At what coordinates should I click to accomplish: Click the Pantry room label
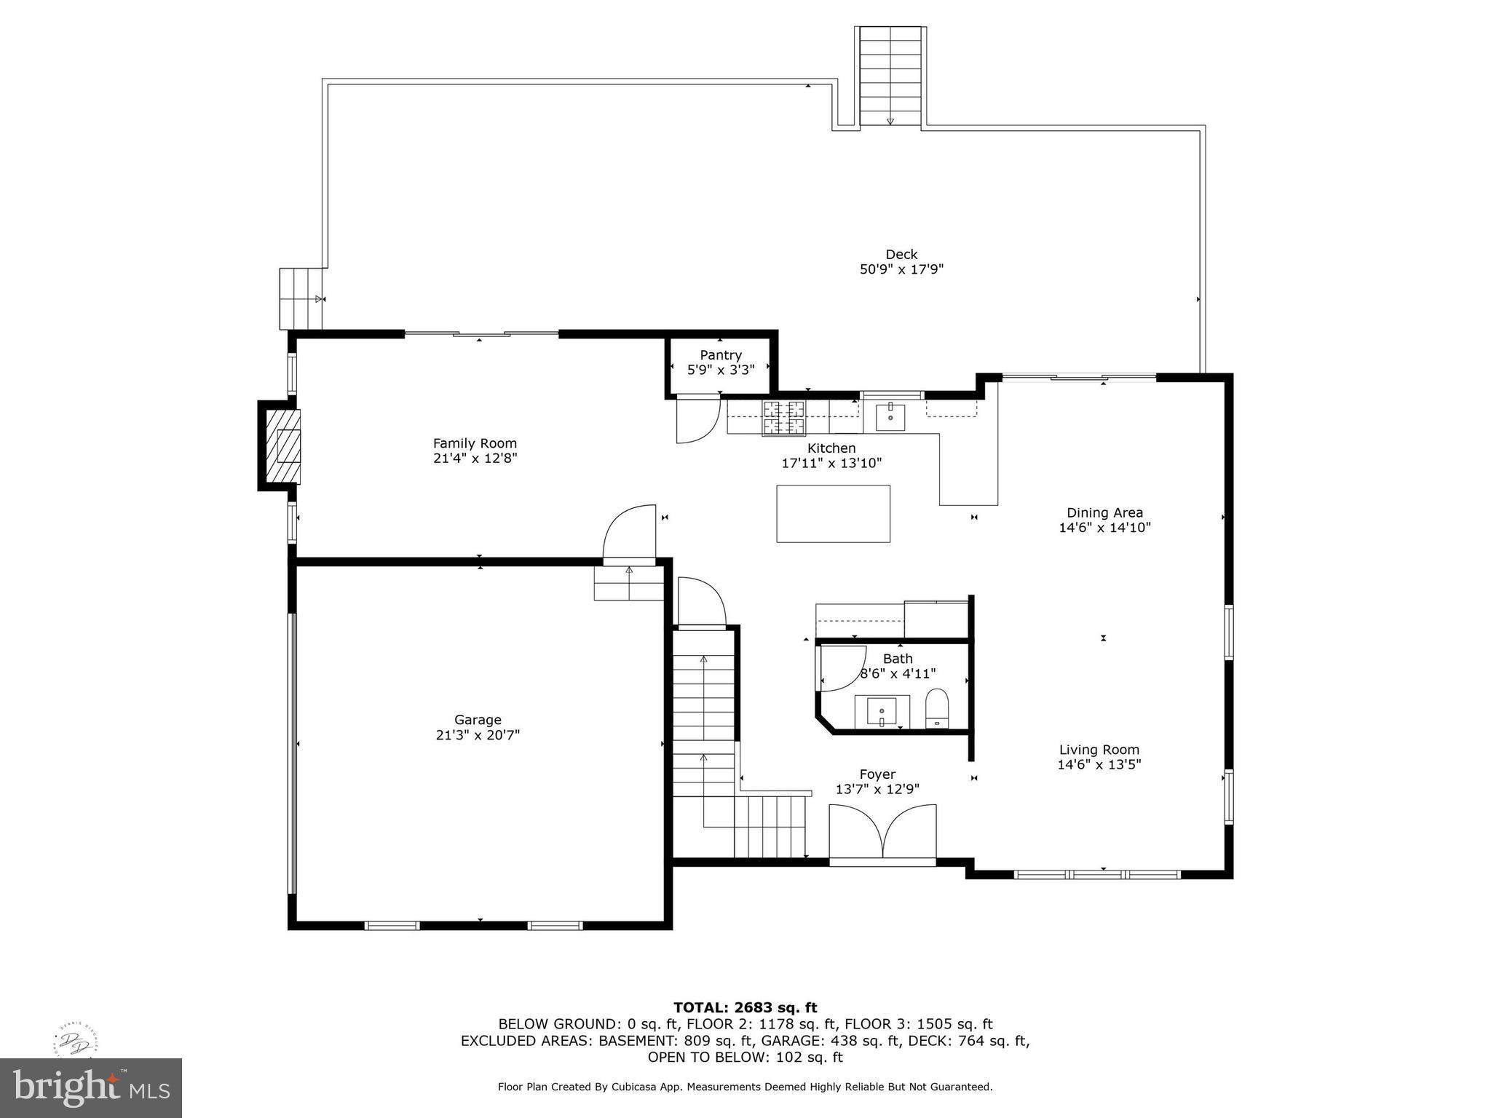(721, 355)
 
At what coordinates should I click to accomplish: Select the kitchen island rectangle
(833, 514)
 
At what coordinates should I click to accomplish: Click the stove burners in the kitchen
(784, 418)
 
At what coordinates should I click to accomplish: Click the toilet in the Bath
(937, 707)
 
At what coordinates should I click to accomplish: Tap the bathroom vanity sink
(882, 710)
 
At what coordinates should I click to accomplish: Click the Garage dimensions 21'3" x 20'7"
(478, 735)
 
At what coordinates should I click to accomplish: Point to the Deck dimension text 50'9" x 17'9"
(901, 269)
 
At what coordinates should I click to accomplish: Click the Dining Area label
(1104, 513)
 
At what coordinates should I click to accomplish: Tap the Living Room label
(1099, 750)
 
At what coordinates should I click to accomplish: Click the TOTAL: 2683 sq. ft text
(745, 1008)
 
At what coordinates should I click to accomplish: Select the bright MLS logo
(90, 1087)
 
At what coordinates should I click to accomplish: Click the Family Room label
(475, 443)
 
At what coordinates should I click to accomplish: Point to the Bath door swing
(842, 667)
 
